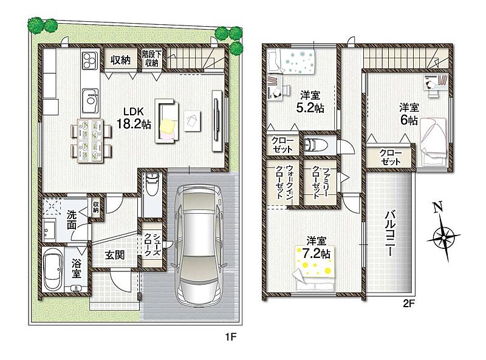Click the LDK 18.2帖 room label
(x=134, y=118)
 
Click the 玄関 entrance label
(x=114, y=255)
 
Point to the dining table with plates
(x=91, y=141)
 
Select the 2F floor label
(x=408, y=304)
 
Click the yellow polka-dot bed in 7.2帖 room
(x=314, y=268)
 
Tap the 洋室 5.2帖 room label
(x=310, y=101)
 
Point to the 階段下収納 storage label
(x=152, y=59)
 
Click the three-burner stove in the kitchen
(x=90, y=60)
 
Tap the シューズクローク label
(x=152, y=244)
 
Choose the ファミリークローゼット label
(x=320, y=183)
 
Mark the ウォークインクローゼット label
(x=284, y=183)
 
